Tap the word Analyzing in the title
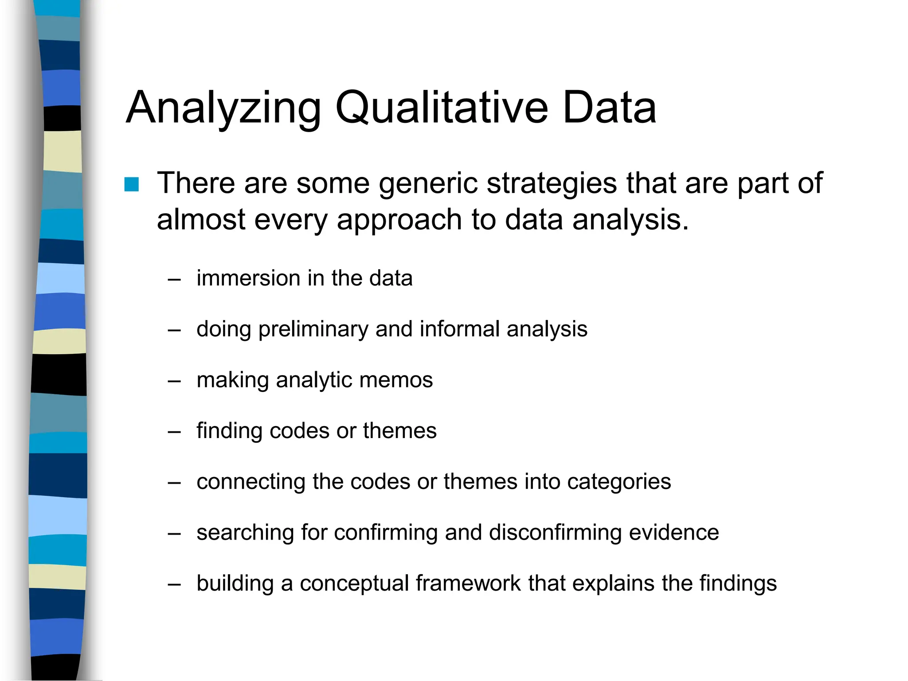(223, 108)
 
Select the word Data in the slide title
(609, 108)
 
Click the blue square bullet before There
(132, 184)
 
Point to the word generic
(428, 184)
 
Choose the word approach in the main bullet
(399, 220)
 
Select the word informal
(459, 329)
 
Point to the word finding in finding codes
(229, 431)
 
